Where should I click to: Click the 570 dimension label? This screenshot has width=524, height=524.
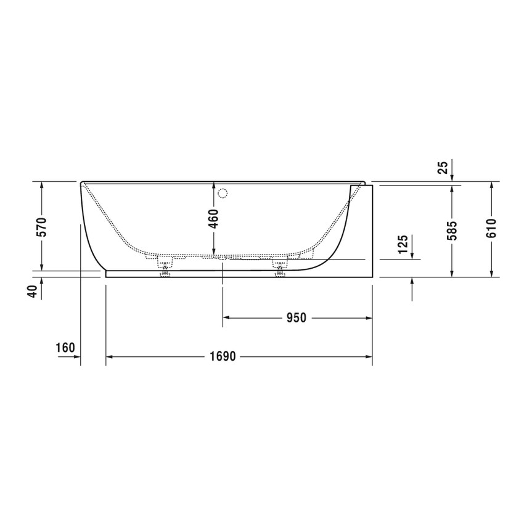(x=41, y=227)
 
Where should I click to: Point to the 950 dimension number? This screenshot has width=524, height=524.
(x=295, y=318)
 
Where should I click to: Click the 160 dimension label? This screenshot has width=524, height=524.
(x=65, y=348)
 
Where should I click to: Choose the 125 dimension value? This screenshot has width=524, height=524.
(x=403, y=244)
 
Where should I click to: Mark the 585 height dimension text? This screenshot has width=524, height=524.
(x=452, y=230)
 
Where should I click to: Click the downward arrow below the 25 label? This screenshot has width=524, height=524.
(x=452, y=178)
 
